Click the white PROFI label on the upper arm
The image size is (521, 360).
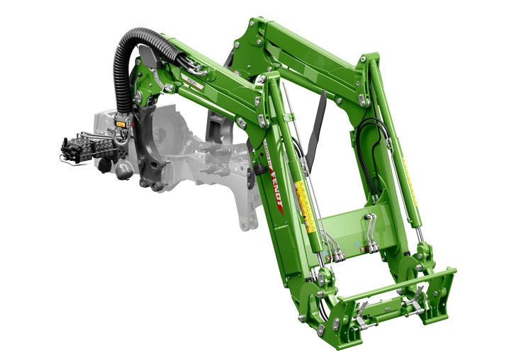(192, 84)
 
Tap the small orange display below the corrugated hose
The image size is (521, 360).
(120, 124)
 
